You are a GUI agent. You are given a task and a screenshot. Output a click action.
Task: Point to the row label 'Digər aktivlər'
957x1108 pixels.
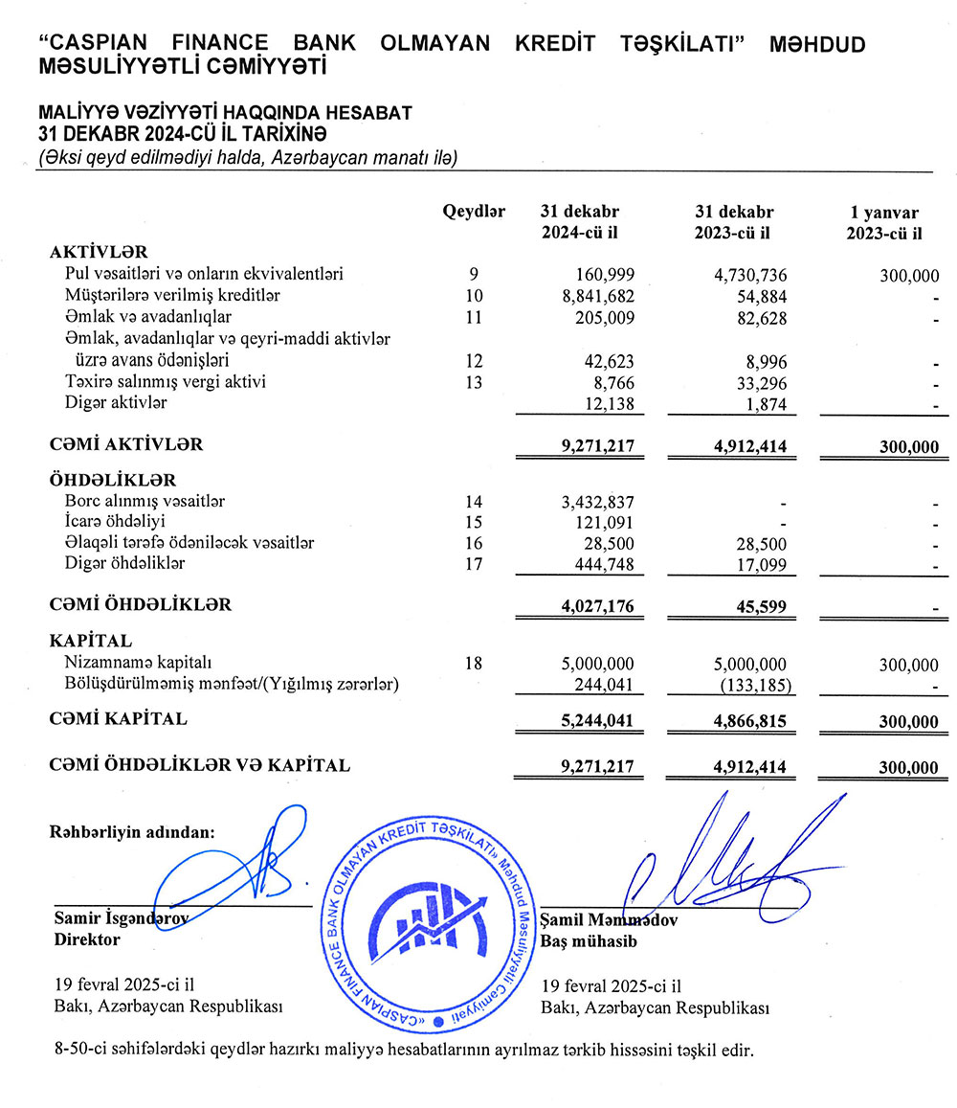(116, 402)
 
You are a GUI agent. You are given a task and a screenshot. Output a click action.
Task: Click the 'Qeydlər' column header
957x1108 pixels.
(473, 212)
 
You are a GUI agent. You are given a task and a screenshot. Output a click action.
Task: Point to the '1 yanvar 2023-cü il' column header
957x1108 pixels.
(885, 222)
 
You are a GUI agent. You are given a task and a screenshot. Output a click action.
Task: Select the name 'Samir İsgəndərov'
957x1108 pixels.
(121, 918)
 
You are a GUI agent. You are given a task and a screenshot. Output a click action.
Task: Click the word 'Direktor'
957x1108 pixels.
(87, 939)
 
